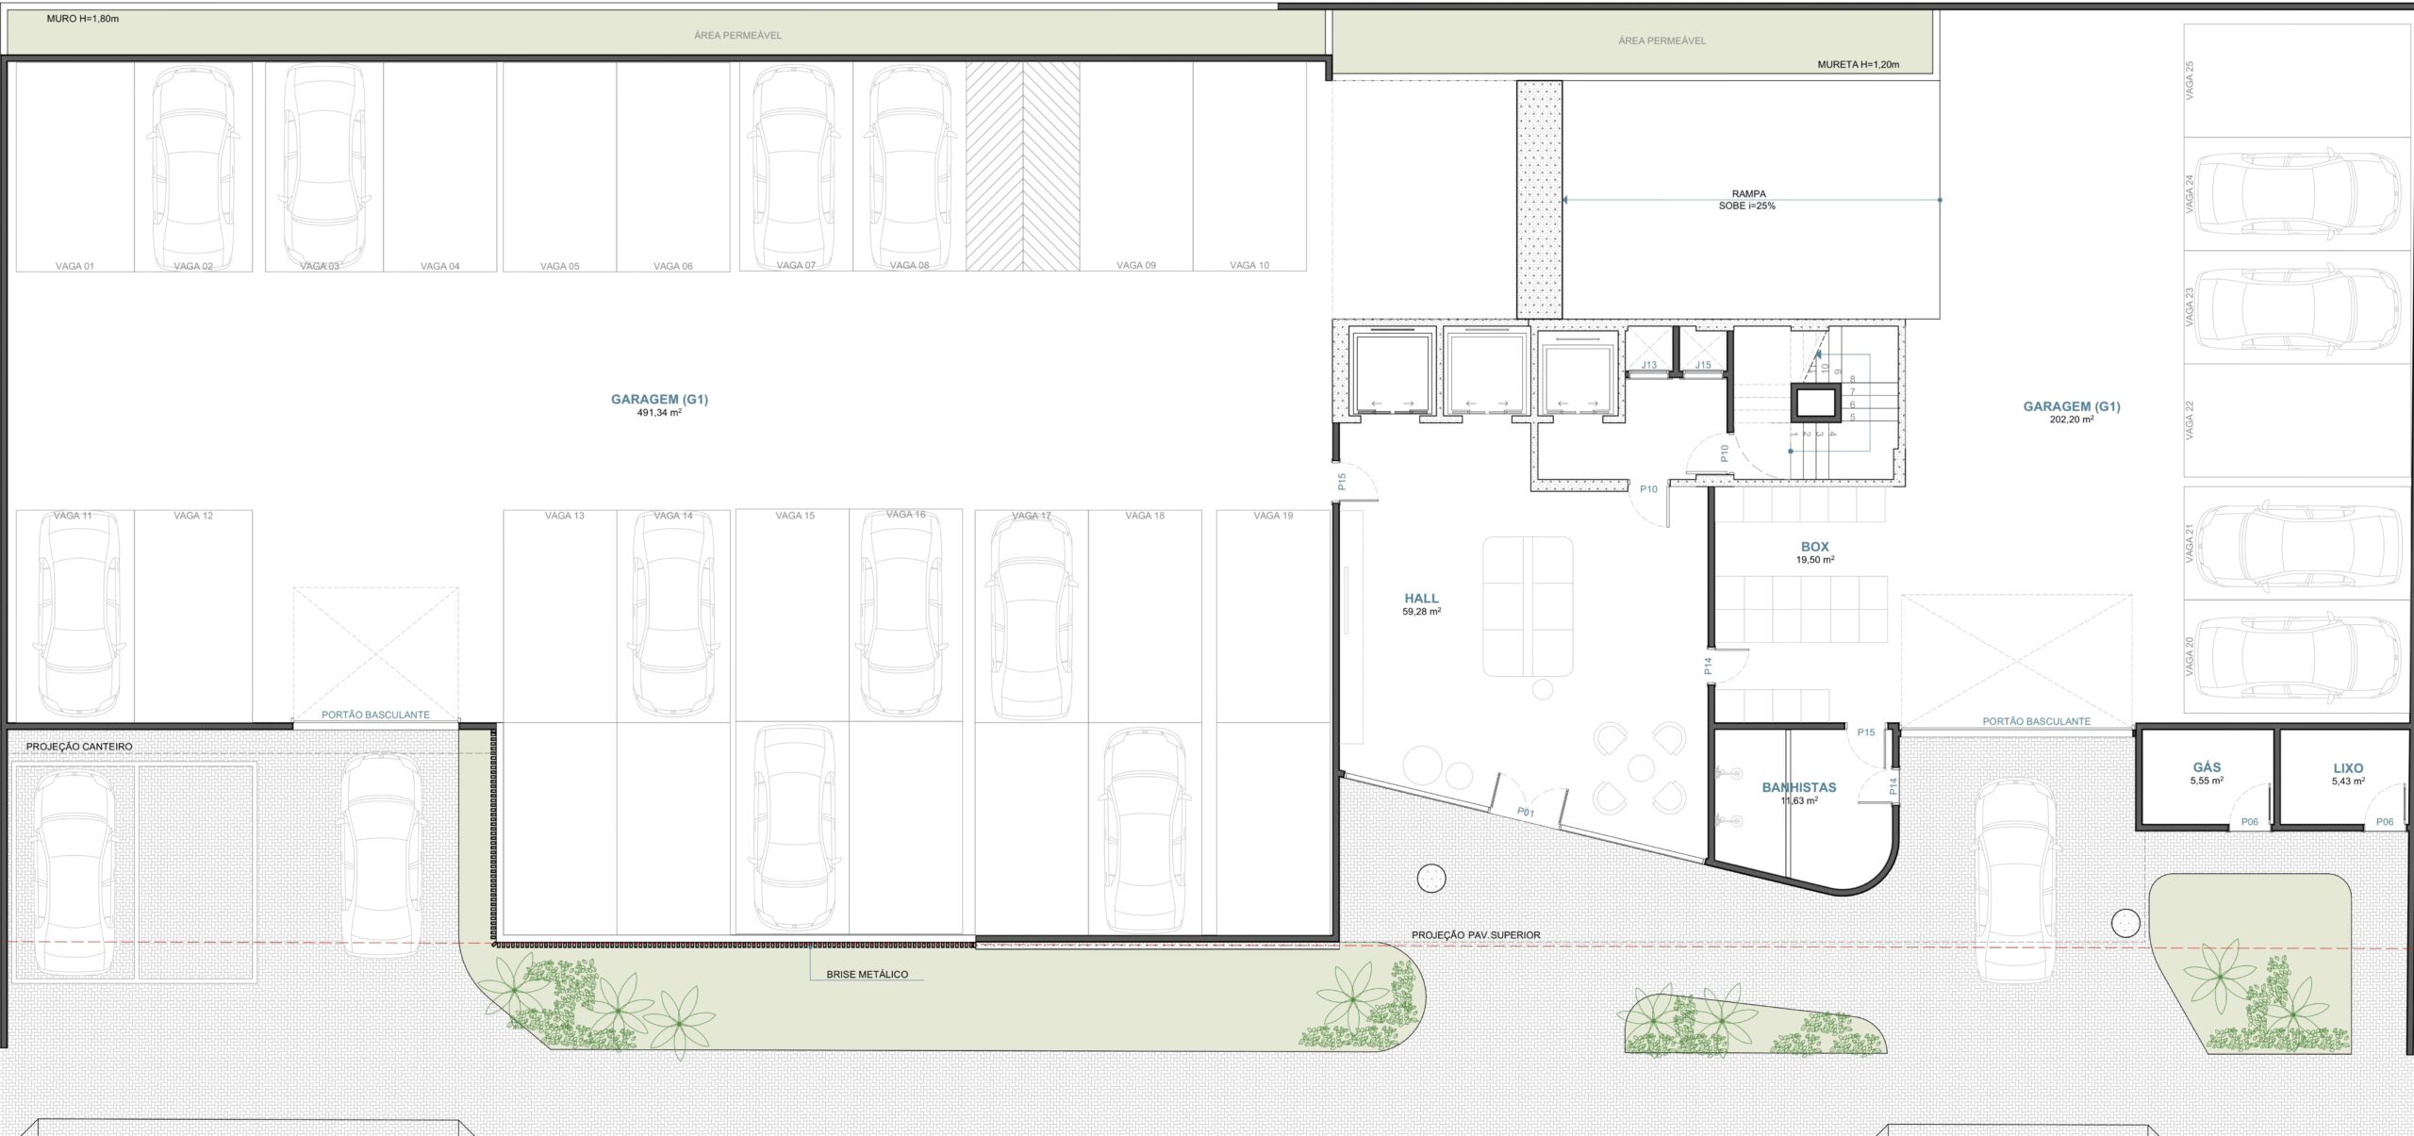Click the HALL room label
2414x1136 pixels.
[x=1421, y=599]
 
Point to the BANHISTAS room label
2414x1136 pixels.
[x=1799, y=787]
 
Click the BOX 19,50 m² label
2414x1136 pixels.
[x=1815, y=552]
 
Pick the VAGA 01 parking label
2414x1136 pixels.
[x=75, y=266]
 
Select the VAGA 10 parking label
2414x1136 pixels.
[x=1249, y=265]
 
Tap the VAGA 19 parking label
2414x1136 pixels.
[x=1273, y=516]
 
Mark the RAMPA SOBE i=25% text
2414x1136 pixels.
[x=1748, y=200]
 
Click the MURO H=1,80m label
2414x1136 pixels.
[x=83, y=19]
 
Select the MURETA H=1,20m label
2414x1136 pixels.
[x=1859, y=65]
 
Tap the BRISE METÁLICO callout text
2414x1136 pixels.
[x=868, y=975]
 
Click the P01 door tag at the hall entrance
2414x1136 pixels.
[x=1526, y=811]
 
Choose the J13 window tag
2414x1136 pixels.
[x=1649, y=365]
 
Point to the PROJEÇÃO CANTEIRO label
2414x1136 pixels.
[x=79, y=747]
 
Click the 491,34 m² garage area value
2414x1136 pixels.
[x=659, y=413]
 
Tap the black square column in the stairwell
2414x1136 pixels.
[x=1815, y=403]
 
